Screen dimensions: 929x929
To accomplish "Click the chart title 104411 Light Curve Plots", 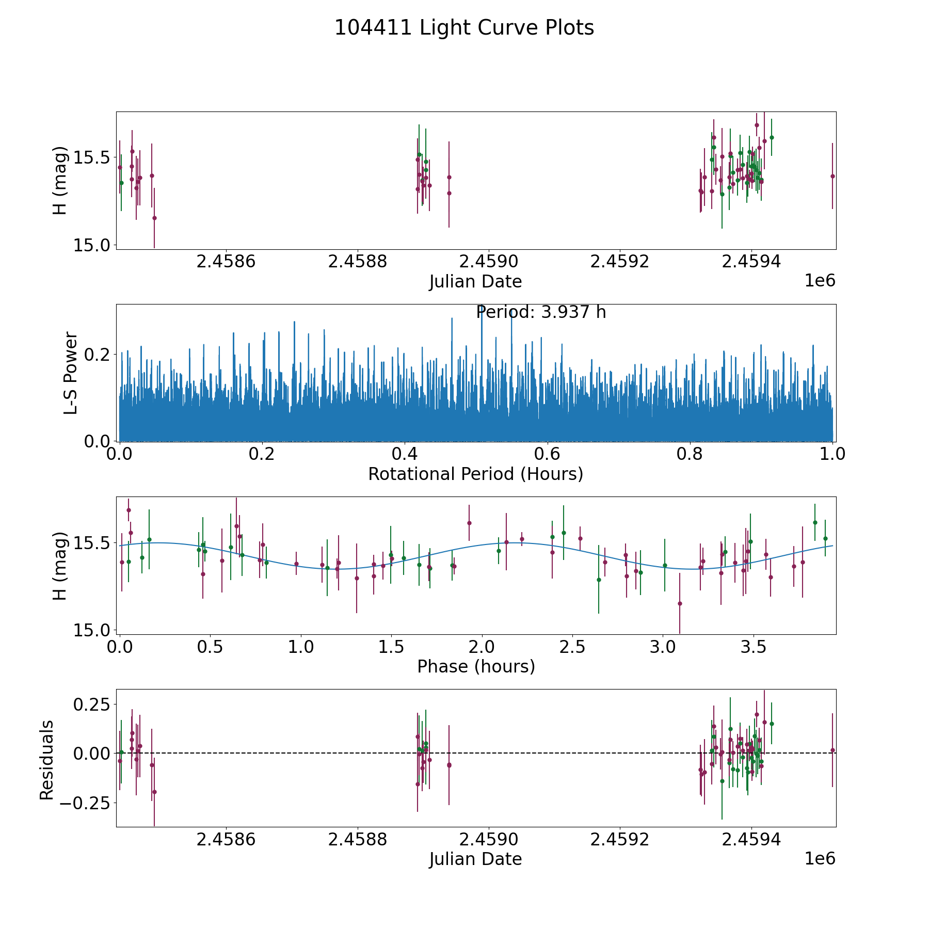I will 464,28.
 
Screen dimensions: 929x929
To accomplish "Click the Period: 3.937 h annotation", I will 541,312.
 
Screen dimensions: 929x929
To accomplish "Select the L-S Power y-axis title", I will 71,373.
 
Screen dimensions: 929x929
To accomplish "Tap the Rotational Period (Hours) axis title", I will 475,474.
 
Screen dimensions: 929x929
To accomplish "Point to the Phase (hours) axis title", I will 476,666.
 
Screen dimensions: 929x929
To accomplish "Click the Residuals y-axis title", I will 47,760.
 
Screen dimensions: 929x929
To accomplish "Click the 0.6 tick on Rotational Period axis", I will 547,455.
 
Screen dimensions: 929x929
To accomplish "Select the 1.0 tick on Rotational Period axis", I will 832,455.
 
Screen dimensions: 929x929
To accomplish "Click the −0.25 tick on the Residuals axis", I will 85,803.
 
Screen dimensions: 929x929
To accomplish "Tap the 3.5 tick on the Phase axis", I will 753,647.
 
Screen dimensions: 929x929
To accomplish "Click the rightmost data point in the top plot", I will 832,176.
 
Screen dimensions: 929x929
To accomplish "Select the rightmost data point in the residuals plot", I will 832,750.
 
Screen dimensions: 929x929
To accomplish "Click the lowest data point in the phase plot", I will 680,603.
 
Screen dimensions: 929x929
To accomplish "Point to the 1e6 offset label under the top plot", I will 820,281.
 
